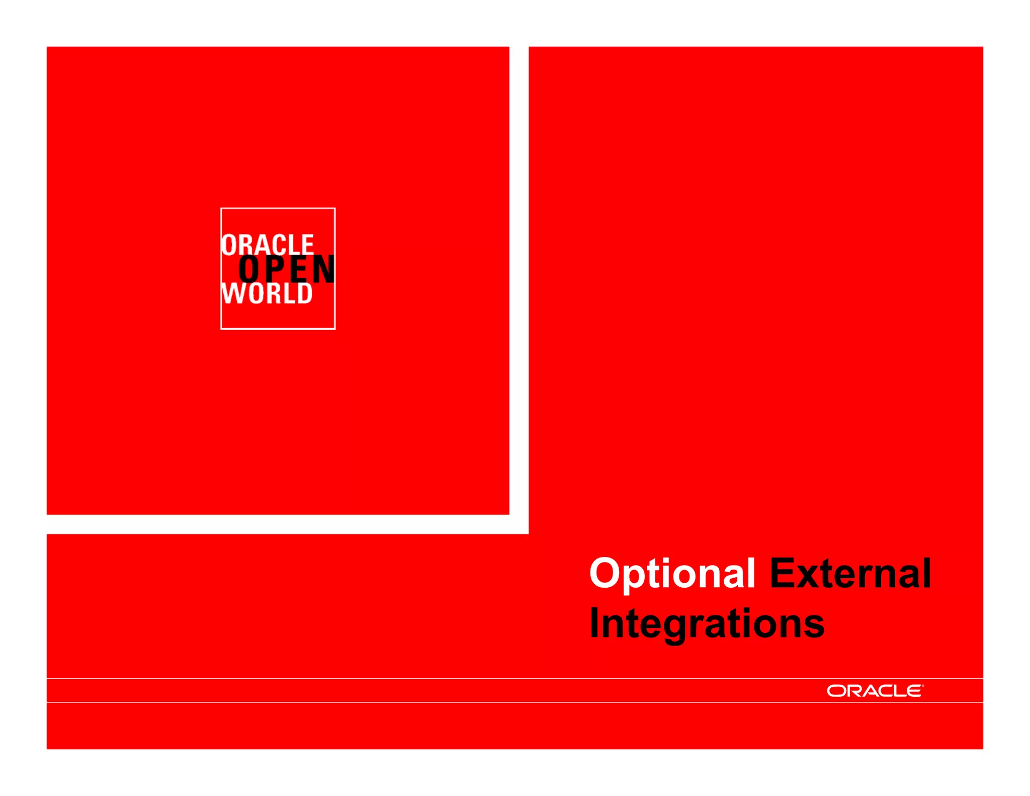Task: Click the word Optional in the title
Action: [x=672, y=574]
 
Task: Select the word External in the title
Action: [x=850, y=574]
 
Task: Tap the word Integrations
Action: [x=707, y=624]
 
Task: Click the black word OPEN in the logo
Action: [x=287, y=270]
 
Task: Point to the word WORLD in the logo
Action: [x=267, y=293]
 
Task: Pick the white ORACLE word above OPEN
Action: [x=268, y=245]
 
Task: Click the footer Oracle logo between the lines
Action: [x=875, y=691]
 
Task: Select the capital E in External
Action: [x=784, y=573]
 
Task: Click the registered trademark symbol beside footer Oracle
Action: [x=923, y=686]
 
